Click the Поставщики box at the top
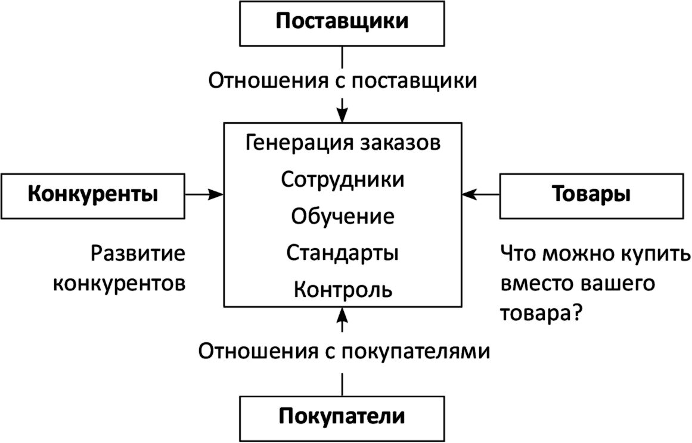pos(342,23)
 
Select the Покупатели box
pos(342,416)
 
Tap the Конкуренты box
pos(93,194)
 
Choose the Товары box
pos(591,194)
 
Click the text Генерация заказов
pos(343,143)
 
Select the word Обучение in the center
pos(343,216)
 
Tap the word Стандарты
pos(343,253)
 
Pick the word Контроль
pos(343,290)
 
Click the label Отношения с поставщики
pos(343,80)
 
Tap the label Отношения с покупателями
pos(344,351)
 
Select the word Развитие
pos(138,253)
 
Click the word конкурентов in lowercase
pos(119,283)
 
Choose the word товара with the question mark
pos(541,314)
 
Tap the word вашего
pos(619,284)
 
